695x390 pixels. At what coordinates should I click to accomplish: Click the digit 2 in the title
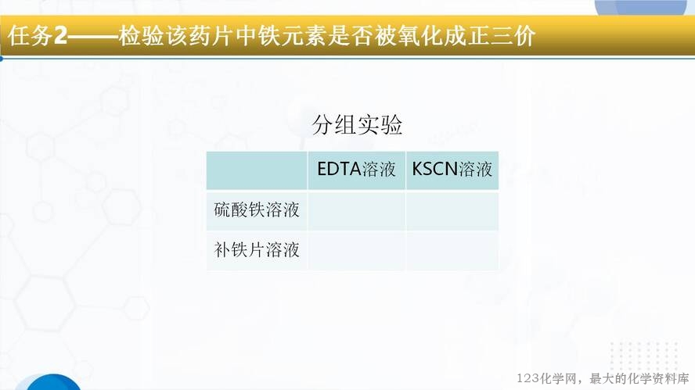pyautogui.click(x=60, y=36)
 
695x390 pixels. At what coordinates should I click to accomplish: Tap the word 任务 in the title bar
pyautogui.click(x=31, y=36)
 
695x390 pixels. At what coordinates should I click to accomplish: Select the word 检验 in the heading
pyautogui.click(x=142, y=36)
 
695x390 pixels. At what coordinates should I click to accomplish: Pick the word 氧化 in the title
pyautogui.click(x=419, y=36)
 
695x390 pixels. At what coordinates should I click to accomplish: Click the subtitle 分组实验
pyautogui.click(x=357, y=124)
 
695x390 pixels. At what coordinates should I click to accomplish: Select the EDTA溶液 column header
pyautogui.click(x=356, y=169)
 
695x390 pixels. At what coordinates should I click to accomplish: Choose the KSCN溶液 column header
pyautogui.click(x=452, y=169)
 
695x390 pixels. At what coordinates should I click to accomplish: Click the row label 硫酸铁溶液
pyautogui.click(x=257, y=209)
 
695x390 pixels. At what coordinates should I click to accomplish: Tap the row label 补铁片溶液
pyautogui.click(x=257, y=249)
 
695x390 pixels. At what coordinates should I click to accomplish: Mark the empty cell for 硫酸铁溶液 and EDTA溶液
pyautogui.click(x=356, y=211)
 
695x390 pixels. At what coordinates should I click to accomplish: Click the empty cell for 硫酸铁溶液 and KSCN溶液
pyautogui.click(x=452, y=211)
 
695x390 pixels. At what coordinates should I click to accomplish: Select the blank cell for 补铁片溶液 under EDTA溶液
pyautogui.click(x=356, y=251)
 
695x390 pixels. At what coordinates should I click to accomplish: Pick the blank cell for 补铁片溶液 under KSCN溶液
pyautogui.click(x=452, y=251)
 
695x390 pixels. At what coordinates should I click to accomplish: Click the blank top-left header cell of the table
pyautogui.click(x=257, y=170)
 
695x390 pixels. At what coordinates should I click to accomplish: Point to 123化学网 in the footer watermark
pyautogui.click(x=547, y=378)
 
